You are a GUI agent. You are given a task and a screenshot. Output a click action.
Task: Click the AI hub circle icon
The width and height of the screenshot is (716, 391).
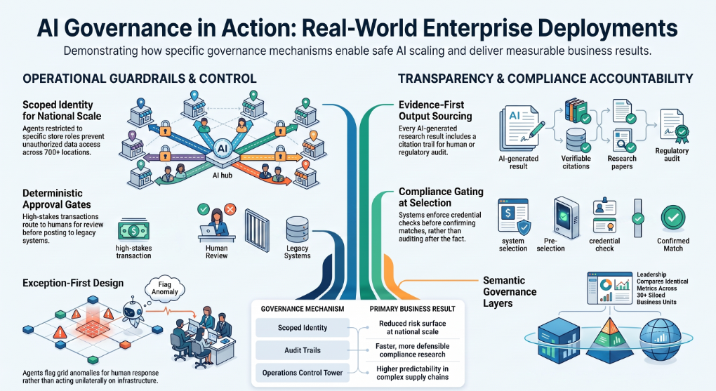(x=222, y=148)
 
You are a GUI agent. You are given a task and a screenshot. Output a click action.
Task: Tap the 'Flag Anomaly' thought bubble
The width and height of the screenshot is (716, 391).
(x=164, y=289)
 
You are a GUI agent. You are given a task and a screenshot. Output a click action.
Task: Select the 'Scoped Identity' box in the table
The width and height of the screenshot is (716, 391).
(x=303, y=328)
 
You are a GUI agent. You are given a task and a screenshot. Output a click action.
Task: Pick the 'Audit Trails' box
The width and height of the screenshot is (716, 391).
(x=303, y=350)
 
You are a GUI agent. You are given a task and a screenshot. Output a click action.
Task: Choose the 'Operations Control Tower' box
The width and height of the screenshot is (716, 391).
(x=303, y=373)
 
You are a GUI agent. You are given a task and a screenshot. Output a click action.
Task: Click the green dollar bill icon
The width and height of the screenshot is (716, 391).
(x=133, y=231)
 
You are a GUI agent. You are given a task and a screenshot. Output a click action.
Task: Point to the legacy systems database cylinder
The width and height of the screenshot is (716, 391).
(x=297, y=230)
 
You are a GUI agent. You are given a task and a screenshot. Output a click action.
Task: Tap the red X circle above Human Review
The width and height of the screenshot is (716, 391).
(x=230, y=210)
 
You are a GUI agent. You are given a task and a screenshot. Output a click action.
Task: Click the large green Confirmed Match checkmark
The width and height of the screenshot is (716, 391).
(x=673, y=218)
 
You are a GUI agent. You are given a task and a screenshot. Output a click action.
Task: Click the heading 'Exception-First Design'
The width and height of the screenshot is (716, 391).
(x=73, y=283)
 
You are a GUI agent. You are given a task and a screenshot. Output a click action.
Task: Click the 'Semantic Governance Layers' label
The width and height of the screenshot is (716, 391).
(x=510, y=292)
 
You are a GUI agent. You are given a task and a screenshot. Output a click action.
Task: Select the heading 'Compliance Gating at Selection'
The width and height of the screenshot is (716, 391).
(x=441, y=197)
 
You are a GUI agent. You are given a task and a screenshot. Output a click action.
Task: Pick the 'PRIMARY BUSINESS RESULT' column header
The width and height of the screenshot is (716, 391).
(x=412, y=309)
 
